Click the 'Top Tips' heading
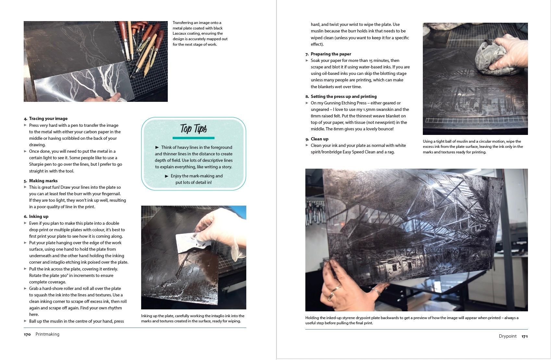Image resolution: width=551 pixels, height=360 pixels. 193,129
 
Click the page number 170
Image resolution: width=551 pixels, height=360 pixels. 27,334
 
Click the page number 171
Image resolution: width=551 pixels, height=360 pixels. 524,336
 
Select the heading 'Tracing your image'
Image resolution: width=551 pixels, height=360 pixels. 48,118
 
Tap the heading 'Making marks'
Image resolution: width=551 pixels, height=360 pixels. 43,181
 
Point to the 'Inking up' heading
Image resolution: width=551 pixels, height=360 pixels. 39,216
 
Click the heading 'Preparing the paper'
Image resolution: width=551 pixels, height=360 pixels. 331,54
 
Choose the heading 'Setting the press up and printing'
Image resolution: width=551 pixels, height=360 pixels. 343,96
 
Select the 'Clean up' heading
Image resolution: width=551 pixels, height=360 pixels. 319,139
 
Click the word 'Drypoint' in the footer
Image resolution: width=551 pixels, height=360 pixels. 508,336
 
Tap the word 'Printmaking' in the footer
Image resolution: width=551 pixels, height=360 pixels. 47,334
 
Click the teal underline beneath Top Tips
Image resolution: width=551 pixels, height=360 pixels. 193,138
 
